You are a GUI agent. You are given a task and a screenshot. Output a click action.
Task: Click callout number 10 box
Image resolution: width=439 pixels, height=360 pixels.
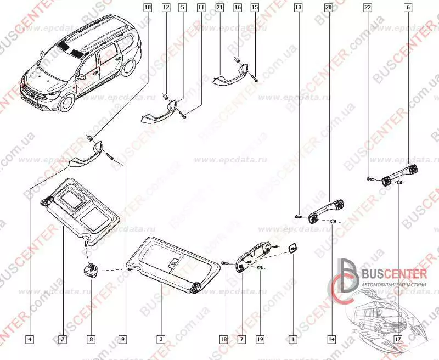pos(147,8)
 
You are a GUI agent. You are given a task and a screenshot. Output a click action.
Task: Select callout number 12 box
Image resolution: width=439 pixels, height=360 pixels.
pos(166,8)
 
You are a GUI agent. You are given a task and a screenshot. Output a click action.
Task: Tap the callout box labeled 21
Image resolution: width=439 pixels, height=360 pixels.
pos(219,8)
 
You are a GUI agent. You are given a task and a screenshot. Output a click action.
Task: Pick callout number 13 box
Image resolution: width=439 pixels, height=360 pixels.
pos(298,8)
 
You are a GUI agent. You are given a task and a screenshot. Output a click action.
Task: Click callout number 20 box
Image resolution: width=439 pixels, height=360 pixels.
pos(328,8)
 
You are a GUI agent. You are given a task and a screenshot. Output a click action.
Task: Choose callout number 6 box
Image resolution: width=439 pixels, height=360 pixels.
pos(408,8)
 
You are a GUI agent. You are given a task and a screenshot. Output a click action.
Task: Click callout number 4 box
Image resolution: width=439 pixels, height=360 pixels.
pos(29,340)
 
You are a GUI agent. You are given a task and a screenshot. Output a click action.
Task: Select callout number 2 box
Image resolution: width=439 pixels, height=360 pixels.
pos(63,340)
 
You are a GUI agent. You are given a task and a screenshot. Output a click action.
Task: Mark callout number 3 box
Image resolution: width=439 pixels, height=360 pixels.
pos(161,340)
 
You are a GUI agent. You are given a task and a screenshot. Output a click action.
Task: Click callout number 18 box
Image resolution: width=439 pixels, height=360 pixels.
pos(223,340)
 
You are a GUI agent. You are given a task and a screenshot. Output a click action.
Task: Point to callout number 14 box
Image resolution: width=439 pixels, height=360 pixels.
pos(331,340)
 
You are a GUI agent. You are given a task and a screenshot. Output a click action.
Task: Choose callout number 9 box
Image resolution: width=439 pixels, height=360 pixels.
pos(123,340)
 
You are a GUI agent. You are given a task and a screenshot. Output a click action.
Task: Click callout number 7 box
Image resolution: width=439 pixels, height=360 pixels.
pos(241,340)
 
